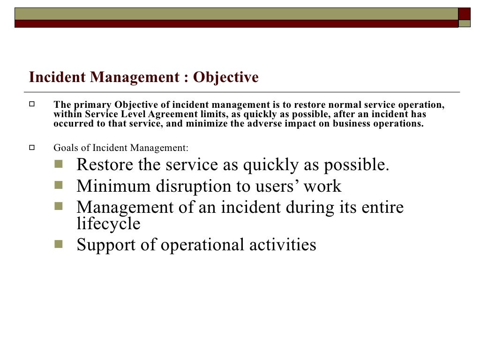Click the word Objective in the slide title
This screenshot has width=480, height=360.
click(226, 77)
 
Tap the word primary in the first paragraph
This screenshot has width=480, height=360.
click(90, 105)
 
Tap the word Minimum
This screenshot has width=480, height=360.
click(109, 186)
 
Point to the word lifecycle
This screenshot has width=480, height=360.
click(108, 224)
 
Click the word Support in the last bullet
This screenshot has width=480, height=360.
click(106, 245)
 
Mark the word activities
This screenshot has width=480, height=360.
click(285, 245)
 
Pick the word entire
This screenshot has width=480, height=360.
click(383, 208)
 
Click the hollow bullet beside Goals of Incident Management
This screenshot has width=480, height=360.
click(32, 148)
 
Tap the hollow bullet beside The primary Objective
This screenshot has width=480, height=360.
click(32, 105)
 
